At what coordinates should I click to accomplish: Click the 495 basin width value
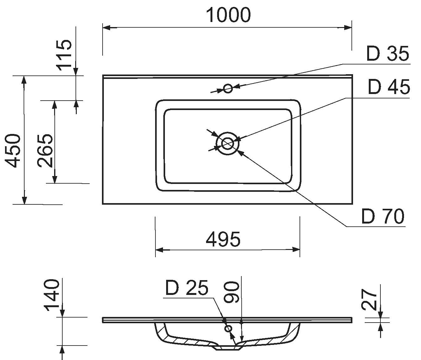point(223,240)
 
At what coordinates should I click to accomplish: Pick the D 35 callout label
point(388,54)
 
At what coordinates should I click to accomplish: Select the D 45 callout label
point(389,87)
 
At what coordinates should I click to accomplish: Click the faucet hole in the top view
point(228,88)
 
